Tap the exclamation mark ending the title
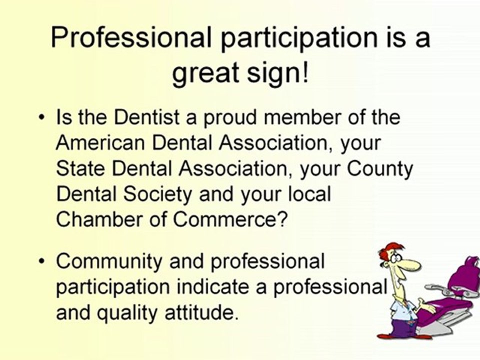305,73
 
